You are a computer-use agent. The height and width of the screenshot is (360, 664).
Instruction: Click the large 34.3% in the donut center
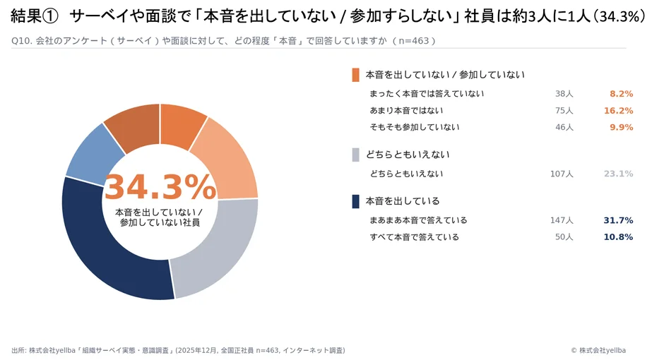[160, 188]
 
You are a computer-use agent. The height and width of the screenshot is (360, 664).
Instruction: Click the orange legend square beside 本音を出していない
[356, 75]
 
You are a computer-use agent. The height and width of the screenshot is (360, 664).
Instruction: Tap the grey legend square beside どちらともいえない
[356, 155]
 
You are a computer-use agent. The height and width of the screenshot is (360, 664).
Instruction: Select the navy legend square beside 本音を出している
[356, 201]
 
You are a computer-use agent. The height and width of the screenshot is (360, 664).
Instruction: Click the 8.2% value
[621, 94]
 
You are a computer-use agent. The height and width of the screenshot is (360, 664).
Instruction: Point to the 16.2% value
[618, 111]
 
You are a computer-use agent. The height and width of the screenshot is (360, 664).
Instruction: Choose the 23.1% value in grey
[618, 174]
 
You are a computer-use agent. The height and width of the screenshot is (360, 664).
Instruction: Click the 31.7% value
[618, 220]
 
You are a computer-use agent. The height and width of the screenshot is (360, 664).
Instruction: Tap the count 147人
[562, 220]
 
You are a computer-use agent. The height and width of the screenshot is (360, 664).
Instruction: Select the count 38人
[564, 94]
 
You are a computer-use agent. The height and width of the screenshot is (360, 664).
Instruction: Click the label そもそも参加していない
[414, 127]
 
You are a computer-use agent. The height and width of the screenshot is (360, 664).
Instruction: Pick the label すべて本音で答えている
[414, 237]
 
